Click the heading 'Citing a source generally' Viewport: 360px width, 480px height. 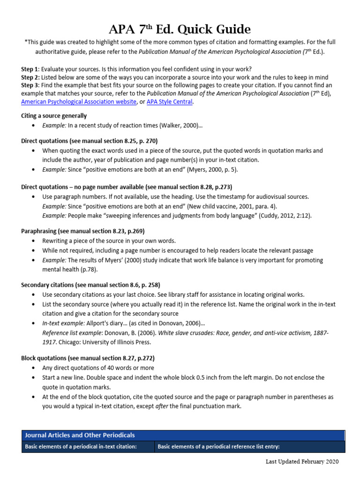click(x=54, y=116)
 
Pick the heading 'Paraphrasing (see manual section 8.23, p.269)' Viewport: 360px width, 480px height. click(x=83, y=231)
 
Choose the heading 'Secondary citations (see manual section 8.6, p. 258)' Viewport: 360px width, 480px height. click(x=91, y=285)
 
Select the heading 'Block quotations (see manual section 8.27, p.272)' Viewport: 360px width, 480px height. click(x=88, y=358)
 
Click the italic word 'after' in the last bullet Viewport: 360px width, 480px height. click(x=163, y=406)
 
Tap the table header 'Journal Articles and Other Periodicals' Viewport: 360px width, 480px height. click(x=80, y=435)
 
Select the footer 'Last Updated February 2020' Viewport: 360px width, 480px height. click(x=301, y=462)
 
